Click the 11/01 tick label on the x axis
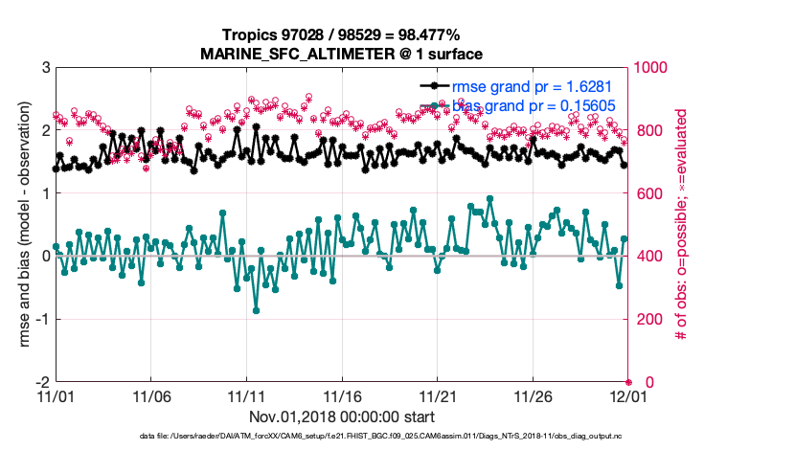(55, 395)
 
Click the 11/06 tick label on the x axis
(150, 395)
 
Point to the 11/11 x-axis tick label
(246, 395)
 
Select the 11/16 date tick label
(342, 395)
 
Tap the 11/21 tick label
(438, 395)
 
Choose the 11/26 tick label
(533, 395)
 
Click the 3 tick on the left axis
(45, 69)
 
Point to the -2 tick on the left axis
(42, 381)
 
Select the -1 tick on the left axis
(42, 319)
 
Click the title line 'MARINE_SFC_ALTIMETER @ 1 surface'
(341, 54)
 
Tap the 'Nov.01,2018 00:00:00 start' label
(342, 416)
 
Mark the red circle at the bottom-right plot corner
(628, 381)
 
